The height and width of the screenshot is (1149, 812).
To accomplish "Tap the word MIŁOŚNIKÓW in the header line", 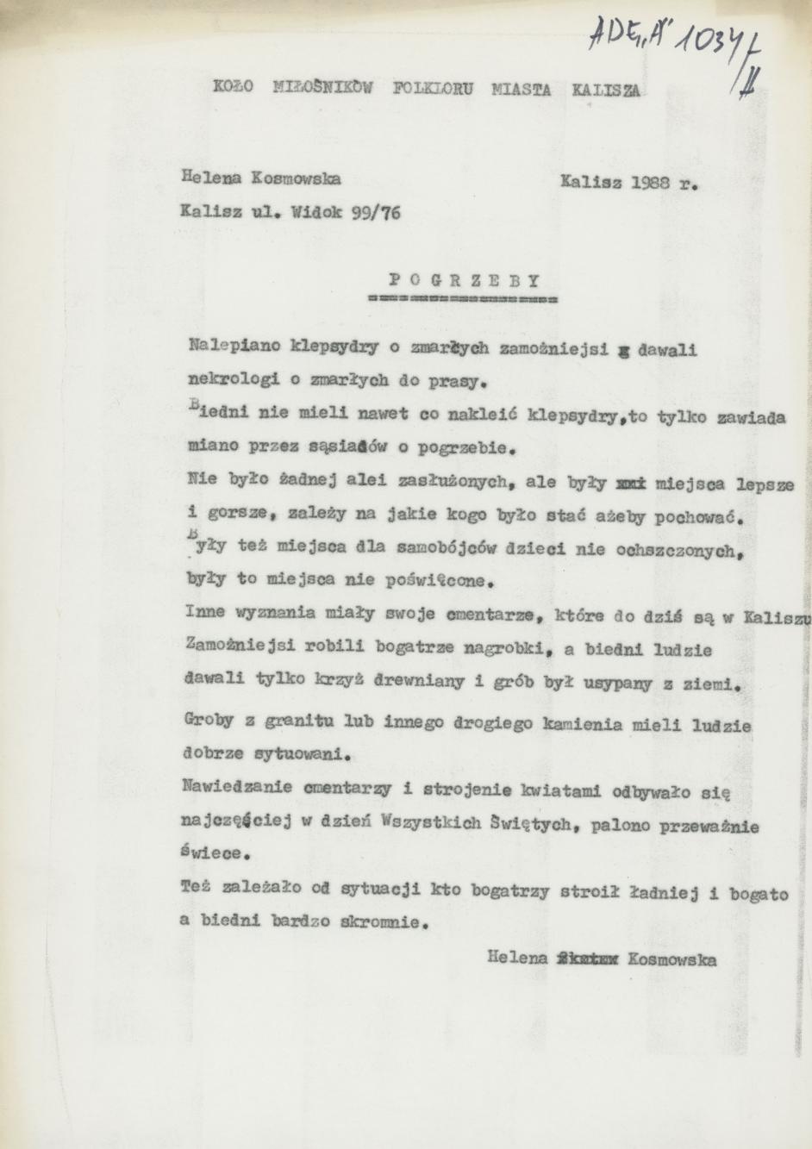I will [322, 87].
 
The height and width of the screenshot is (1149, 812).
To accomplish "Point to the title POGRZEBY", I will [464, 280].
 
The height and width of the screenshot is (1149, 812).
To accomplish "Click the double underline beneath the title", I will [462, 300].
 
